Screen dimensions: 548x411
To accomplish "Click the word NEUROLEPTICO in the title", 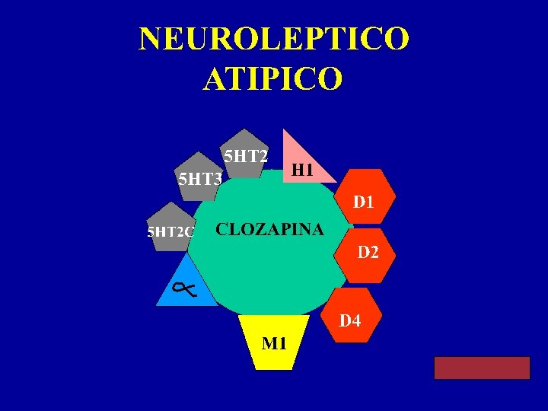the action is [x=274, y=39].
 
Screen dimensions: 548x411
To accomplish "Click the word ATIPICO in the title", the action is [x=273, y=78].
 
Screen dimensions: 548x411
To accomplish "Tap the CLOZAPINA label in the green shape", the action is [x=269, y=229].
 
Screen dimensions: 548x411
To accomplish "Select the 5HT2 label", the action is [x=245, y=156].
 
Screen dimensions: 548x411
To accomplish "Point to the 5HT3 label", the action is [x=199, y=180].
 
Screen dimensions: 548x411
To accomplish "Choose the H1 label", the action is [x=302, y=170].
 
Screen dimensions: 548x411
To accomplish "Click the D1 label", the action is [x=363, y=202].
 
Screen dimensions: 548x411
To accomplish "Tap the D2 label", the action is [x=368, y=252].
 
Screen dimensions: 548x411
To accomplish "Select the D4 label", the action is [x=350, y=320].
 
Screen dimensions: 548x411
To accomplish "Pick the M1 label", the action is [x=274, y=343].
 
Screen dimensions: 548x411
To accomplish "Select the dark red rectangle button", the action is [x=482, y=368].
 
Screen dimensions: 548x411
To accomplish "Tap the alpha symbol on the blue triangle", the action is [x=183, y=288].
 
